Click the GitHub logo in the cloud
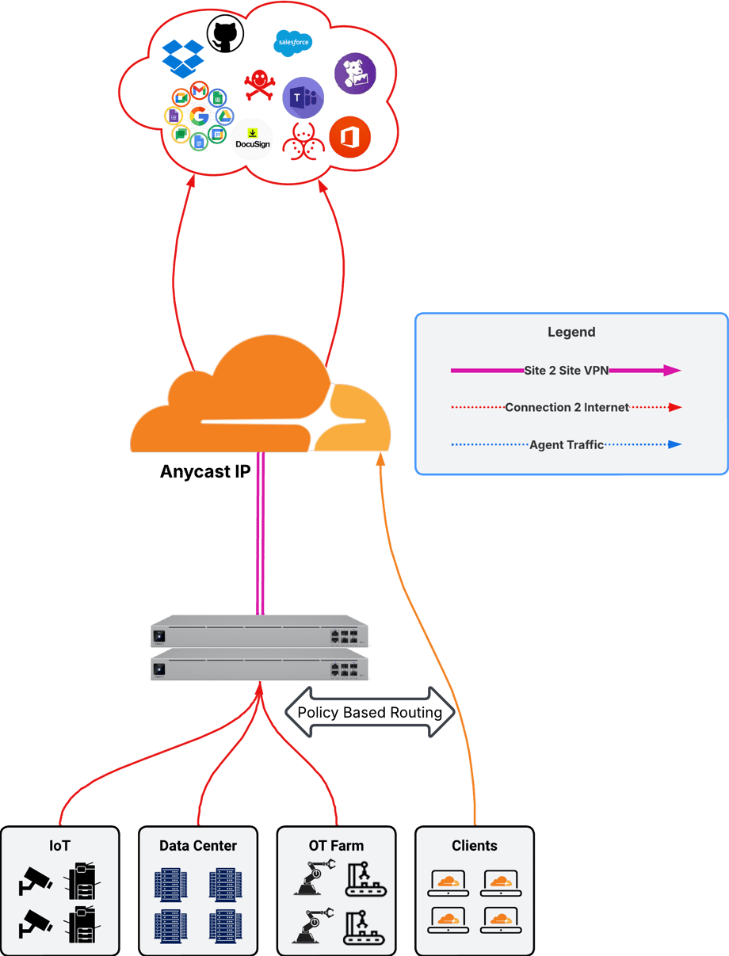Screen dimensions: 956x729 tap(225, 36)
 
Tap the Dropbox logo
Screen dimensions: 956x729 tap(183, 57)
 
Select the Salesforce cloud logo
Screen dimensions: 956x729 tap(292, 43)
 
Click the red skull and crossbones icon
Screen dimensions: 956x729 tap(259, 84)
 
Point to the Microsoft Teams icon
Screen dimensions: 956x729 tap(303, 98)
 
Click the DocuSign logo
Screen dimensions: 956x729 tap(253, 139)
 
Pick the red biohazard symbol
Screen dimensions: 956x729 tap(303, 142)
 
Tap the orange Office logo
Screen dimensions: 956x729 tap(349, 137)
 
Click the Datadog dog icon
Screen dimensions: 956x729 tap(355, 74)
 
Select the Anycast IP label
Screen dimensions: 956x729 tap(205, 472)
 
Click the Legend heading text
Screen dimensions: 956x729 tap(571, 332)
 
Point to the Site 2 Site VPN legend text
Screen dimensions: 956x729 tap(566, 370)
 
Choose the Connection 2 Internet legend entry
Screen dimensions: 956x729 tap(567, 407)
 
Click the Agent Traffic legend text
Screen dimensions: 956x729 tap(567, 444)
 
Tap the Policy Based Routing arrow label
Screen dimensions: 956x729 tap(369, 712)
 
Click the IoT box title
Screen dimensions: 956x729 tap(59, 846)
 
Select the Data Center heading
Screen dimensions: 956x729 tap(198, 846)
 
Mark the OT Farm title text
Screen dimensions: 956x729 tap(336, 846)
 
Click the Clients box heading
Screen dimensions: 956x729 tap(475, 846)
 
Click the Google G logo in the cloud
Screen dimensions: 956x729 tap(199, 117)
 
